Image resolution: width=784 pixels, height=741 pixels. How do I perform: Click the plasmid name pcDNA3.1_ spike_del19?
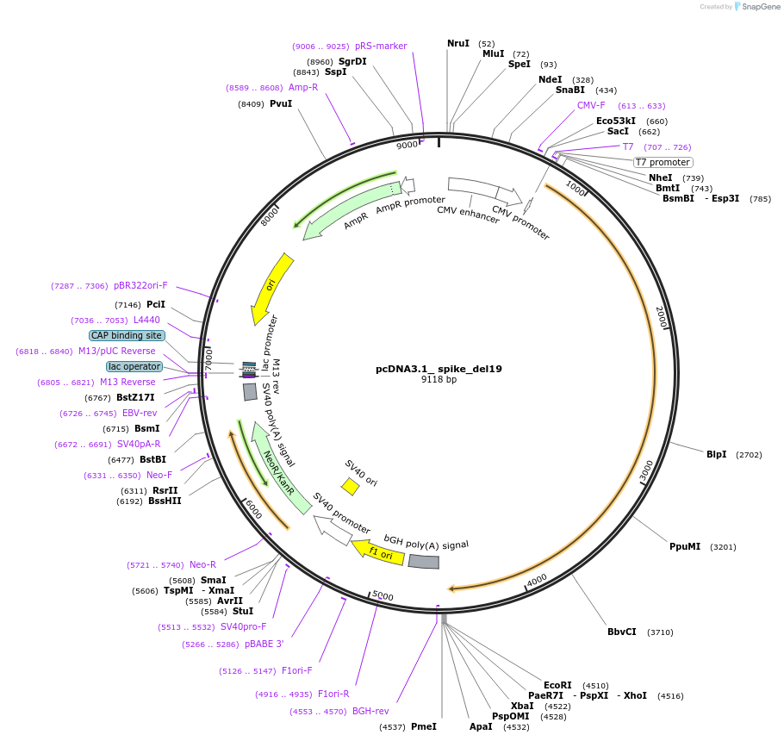pos(439,369)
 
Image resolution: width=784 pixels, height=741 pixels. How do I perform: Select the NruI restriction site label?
pos(458,43)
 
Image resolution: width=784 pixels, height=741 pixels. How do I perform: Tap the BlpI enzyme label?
pos(716,454)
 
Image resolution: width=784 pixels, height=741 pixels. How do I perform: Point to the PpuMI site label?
pos(685,546)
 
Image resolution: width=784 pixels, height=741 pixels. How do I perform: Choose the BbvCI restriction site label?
pos(621,632)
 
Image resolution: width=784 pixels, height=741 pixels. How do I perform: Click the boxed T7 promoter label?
pos(663,162)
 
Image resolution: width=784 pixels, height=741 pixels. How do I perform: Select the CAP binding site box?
pos(127,335)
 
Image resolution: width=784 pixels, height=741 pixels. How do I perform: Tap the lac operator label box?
pos(134,366)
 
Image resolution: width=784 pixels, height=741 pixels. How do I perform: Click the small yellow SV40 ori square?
pos(350,487)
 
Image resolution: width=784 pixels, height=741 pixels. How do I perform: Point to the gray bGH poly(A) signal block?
pos(423,562)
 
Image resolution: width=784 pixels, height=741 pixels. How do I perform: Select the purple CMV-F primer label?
pos(591,105)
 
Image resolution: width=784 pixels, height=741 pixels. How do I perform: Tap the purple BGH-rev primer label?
pos(370,711)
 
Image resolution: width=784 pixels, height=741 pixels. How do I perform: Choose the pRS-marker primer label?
pos(381,46)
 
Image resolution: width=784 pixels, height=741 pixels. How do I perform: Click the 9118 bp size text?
pos(439,380)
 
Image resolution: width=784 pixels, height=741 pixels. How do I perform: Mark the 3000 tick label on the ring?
pos(646,470)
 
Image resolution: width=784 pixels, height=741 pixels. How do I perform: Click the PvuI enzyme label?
pos(281,103)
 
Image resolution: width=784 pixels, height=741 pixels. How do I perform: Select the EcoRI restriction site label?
pos(557,685)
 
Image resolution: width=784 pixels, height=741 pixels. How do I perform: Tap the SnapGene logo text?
pos(757,7)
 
